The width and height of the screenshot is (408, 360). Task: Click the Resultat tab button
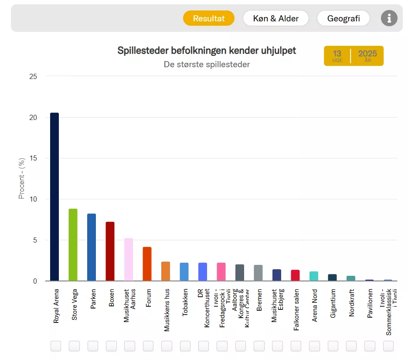[209, 18]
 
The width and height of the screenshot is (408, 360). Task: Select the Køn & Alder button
[276, 18]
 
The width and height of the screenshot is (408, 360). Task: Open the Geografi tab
[343, 18]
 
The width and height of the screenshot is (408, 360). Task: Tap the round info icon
[389, 18]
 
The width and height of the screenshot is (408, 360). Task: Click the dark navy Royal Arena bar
[54, 196]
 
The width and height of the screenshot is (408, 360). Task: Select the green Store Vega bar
[73, 245]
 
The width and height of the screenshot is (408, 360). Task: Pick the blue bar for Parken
[92, 247]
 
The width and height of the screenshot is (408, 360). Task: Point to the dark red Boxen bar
[110, 251]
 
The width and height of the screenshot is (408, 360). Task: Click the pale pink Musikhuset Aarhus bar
[129, 260]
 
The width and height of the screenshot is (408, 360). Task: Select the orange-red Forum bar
[147, 264]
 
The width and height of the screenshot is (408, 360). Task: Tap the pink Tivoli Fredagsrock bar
[221, 272]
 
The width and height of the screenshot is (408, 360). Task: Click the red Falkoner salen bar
[295, 275]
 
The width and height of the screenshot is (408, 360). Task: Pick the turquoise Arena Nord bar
[314, 276]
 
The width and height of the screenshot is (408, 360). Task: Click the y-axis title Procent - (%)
[22, 178]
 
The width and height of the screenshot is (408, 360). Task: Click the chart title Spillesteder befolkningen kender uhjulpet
[207, 51]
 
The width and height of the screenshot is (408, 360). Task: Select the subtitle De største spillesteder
[207, 65]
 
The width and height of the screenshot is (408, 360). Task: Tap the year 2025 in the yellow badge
[367, 54]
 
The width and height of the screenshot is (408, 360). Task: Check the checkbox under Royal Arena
[56, 346]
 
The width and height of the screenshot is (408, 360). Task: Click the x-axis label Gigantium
[333, 303]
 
